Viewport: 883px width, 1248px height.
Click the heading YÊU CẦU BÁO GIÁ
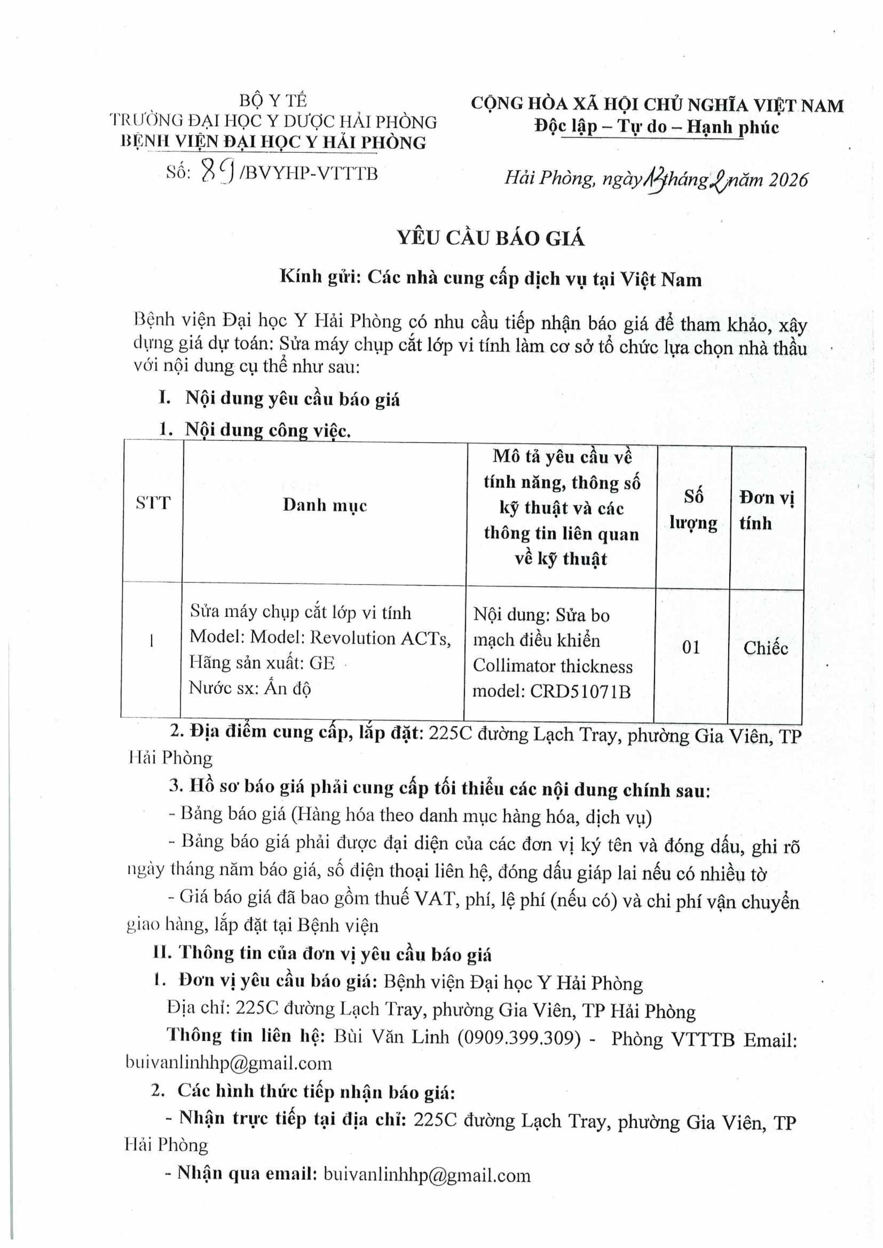(x=491, y=239)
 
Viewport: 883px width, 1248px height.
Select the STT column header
(x=153, y=503)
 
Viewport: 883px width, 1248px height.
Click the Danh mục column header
(x=324, y=505)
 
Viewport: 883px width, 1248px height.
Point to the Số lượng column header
(x=693, y=510)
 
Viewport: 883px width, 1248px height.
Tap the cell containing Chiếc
(x=766, y=648)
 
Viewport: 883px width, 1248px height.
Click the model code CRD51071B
(x=580, y=691)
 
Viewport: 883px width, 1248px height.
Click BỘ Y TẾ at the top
(x=273, y=101)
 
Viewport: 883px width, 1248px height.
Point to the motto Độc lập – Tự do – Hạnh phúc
(x=656, y=127)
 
